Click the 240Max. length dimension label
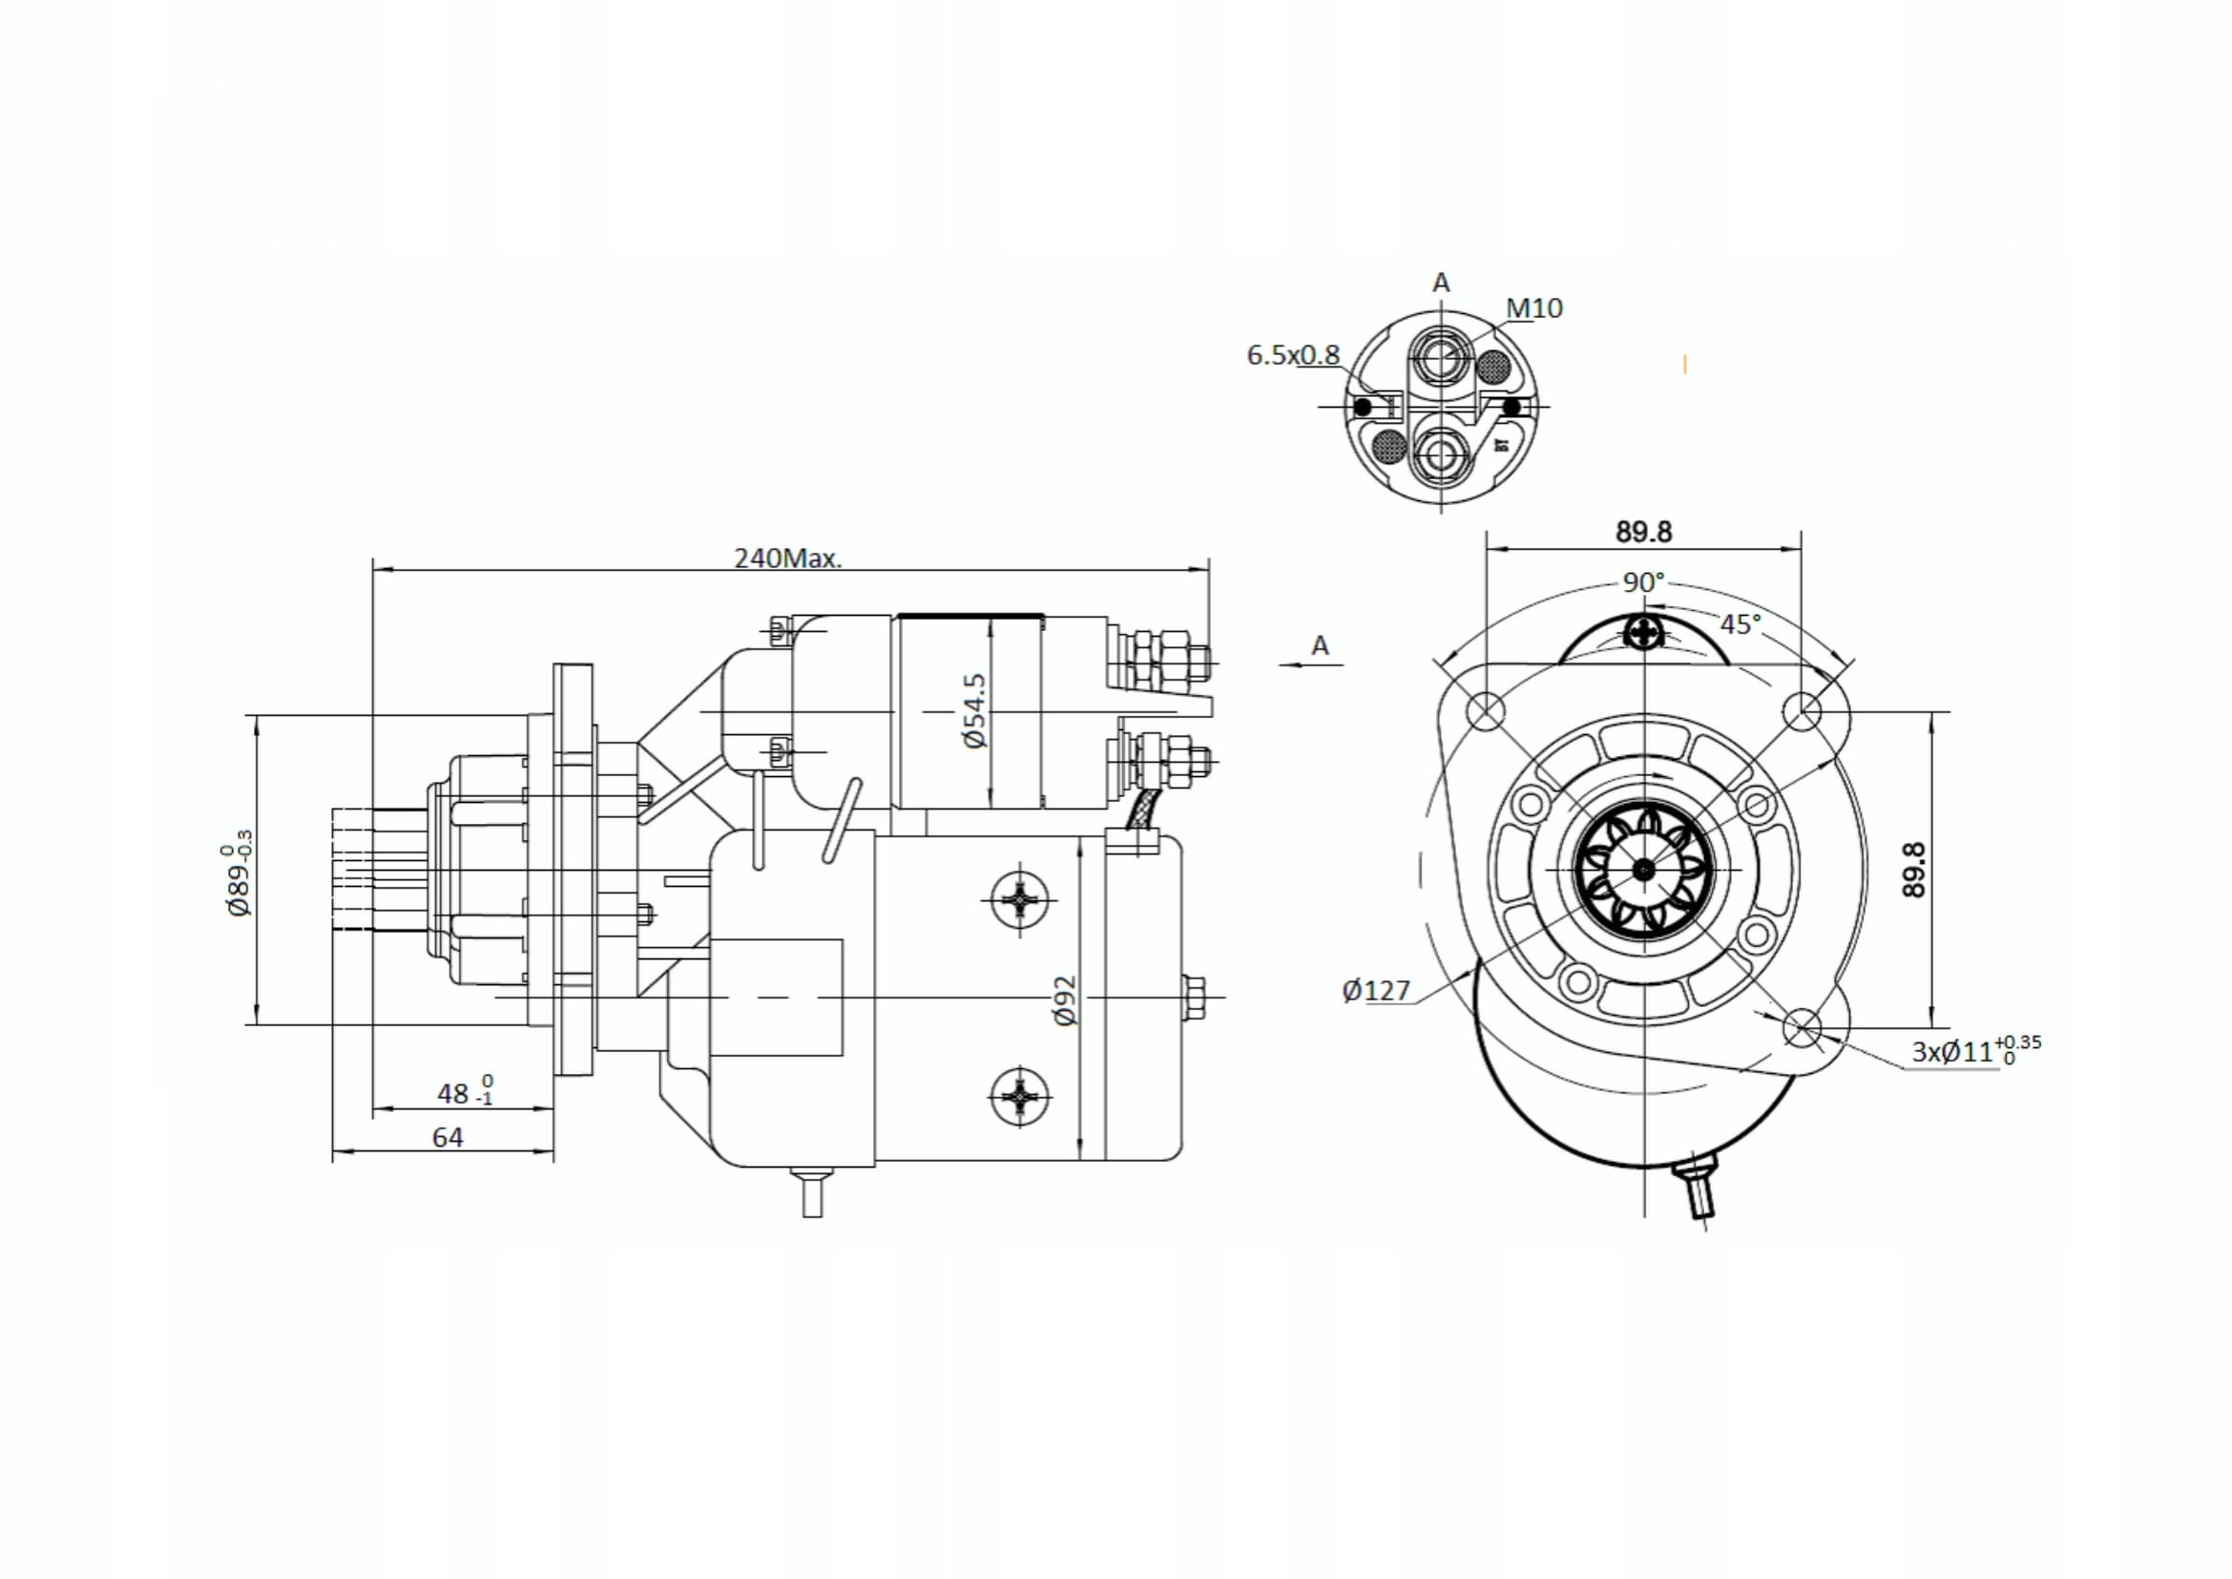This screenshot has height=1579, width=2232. (x=787, y=558)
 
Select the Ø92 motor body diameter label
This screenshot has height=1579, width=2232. (x=1066, y=1000)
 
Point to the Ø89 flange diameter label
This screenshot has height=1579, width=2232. (x=239, y=880)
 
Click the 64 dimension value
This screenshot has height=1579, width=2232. (x=448, y=1137)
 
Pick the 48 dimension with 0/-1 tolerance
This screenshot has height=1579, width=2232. (x=464, y=1093)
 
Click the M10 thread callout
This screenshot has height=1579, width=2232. (x=1534, y=308)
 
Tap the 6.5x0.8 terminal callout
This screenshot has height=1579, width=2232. (x=1292, y=355)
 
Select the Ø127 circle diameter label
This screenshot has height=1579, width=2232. (x=1376, y=991)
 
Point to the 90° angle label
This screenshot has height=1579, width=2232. (x=1643, y=581)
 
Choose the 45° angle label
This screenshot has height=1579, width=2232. (x=1741, y=624)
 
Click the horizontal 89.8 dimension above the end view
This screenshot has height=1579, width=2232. (x=1644, y=532)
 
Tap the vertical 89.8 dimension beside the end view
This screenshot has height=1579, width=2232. (x=1913, y=870)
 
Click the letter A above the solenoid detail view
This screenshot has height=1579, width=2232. (x=1441, y=283)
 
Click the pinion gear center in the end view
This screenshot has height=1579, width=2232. (x=1643, y=871)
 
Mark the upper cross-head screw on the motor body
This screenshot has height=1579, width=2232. (x=1019, y=901)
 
